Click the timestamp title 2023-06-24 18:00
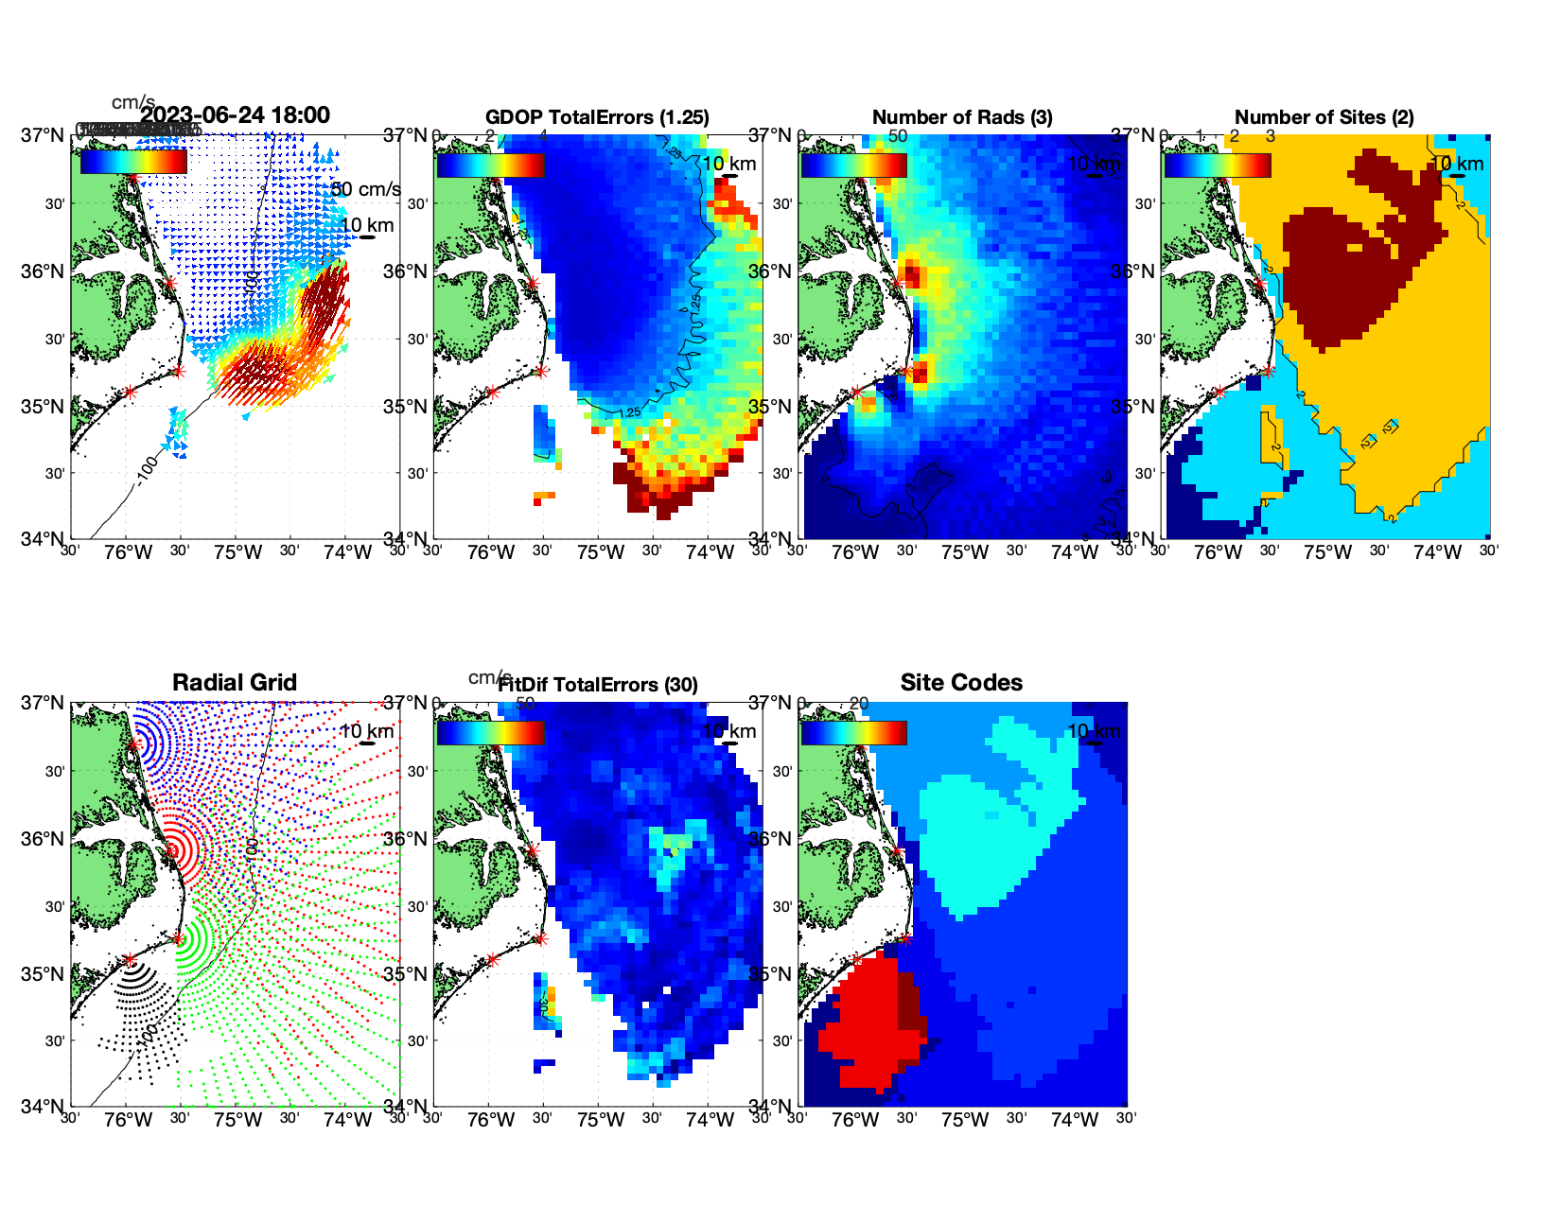click(236, 115)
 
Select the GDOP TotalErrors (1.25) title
click(597, 117)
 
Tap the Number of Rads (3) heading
click(962, 117)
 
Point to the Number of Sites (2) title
click(1324, 117)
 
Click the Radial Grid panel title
click(235, 683)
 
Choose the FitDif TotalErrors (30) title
click(598, 685)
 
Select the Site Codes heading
click(961, 683)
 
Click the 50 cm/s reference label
click(365, 189)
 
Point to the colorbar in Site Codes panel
click(853, 732)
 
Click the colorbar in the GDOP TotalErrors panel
click(490, 165)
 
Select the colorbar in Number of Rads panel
click(853, 165)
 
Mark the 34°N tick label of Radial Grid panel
click(43, 1106)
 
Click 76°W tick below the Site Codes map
click(855, 1121)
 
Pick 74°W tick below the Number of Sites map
click(1437, 553)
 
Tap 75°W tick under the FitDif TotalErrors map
click(601, 1121)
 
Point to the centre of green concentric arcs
click(178, 938)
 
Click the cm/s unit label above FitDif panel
click(489, 677)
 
